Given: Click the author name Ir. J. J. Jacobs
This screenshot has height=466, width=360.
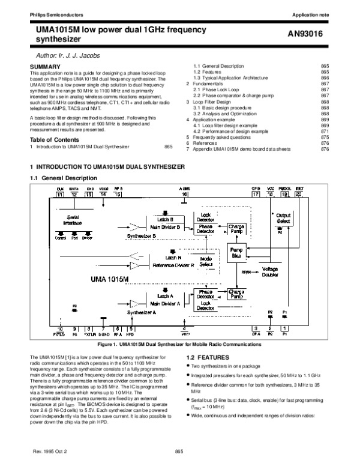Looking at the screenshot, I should coord(67,55).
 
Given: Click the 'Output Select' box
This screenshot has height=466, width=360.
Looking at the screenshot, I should coord(283,218).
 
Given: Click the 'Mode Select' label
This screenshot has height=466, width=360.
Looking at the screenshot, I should coord(206,261).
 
